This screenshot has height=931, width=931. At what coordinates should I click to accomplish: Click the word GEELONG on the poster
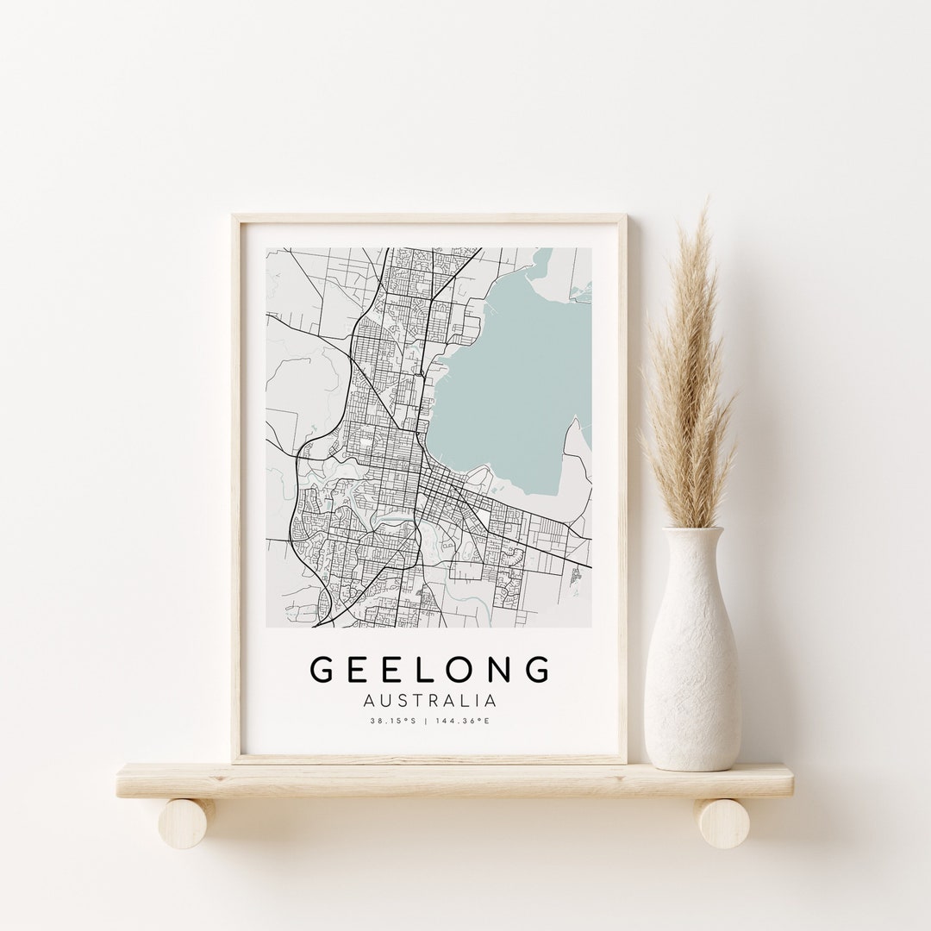pos(430,670)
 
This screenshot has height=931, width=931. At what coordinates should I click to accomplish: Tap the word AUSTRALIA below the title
pos(430,700)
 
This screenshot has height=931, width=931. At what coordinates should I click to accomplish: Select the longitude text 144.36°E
pos(465,721)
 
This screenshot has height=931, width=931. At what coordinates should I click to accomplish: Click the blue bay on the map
pos(517,362)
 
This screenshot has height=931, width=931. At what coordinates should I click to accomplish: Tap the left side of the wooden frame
pos(236,483)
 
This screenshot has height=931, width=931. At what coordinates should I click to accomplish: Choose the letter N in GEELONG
pos(502,670)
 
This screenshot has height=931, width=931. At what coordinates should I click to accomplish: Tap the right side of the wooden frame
pos(623,483)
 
